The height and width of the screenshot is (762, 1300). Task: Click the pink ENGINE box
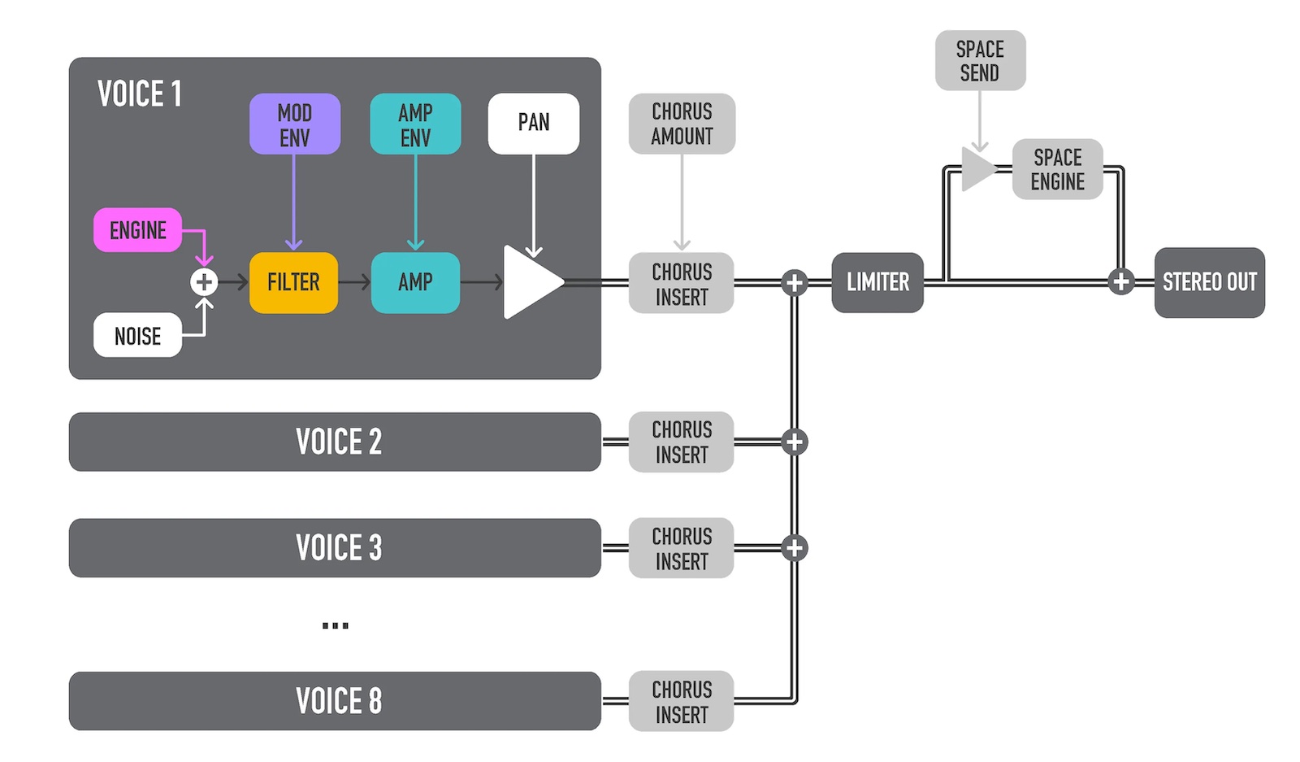(137, 230)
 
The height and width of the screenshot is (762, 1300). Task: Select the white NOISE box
(137, 335)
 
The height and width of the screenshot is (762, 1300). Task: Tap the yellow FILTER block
(293, 282)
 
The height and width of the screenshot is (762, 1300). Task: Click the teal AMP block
(415, 282)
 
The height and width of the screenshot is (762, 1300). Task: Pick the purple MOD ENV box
(294, 124)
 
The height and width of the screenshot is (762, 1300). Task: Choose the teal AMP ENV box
(415, 124)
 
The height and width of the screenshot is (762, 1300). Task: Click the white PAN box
(533, 123)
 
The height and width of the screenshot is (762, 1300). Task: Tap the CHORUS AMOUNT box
(682, 124)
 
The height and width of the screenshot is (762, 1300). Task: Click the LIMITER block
(877, 282)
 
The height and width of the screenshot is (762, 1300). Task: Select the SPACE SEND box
(980, 60)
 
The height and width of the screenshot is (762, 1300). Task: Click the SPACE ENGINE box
(1057, 169)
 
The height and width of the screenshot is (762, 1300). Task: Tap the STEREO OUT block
(1209, 282)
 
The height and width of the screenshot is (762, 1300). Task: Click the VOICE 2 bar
(335, 442)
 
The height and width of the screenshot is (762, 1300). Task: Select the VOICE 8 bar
(335, 700)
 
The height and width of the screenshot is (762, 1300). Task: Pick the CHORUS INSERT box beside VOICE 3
(681, 548)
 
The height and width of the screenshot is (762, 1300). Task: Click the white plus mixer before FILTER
(204, 282)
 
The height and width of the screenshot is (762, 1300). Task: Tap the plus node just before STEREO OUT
(1121, 282)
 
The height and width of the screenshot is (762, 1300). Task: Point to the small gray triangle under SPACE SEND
(977, 169)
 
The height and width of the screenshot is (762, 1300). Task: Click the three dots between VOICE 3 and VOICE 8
(335, 625)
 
